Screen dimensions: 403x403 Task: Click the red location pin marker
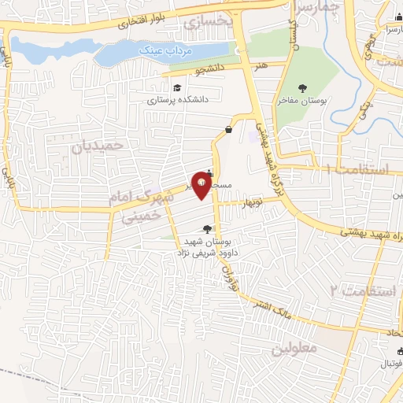click(202, 186)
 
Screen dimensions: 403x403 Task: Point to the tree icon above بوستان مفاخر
click(303, 88)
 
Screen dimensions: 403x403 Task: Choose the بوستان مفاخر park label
click(301, 102)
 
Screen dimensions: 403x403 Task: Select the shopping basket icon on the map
click(228, 129)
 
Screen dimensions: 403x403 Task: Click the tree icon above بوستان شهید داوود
click(206, 229)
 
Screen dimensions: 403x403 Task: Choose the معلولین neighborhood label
click(295, 347)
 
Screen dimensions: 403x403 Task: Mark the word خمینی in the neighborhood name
click(146, 215)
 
